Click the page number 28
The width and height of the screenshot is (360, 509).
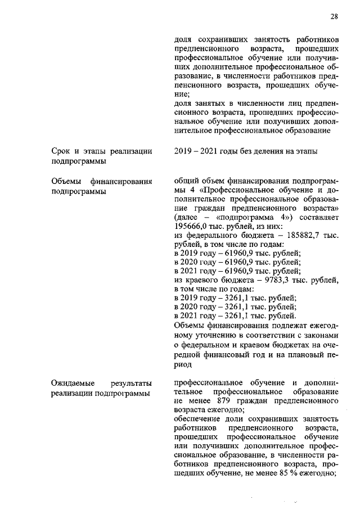pyautogui.click(x=334, y=16)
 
